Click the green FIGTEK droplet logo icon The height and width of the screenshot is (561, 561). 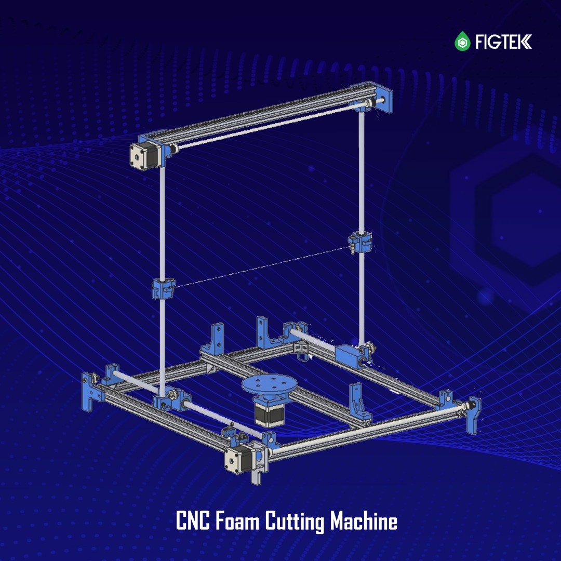click(x=462, y=41)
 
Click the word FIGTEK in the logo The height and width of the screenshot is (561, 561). click(x=503, y=42)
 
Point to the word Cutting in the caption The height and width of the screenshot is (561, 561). click(x=295, y=522)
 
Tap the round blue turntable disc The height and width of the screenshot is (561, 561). click(x=270, y=384)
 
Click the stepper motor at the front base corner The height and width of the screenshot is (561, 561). click(x=238, y=458)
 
